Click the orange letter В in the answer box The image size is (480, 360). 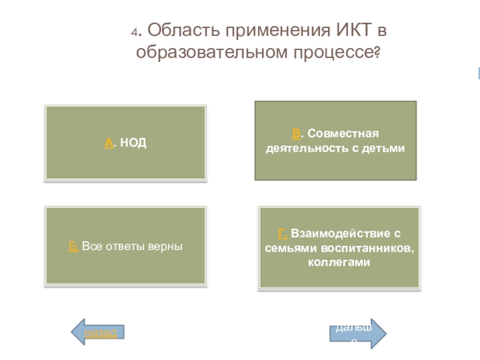click(x=296, y=133)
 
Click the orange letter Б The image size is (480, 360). click(x=73, y=246)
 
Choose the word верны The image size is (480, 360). click(x=168, y=246)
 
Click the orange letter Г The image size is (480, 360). click(x=281, y=233)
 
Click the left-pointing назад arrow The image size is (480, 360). click(x=98, y=332)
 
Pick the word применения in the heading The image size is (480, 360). click(x=274, y=29)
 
